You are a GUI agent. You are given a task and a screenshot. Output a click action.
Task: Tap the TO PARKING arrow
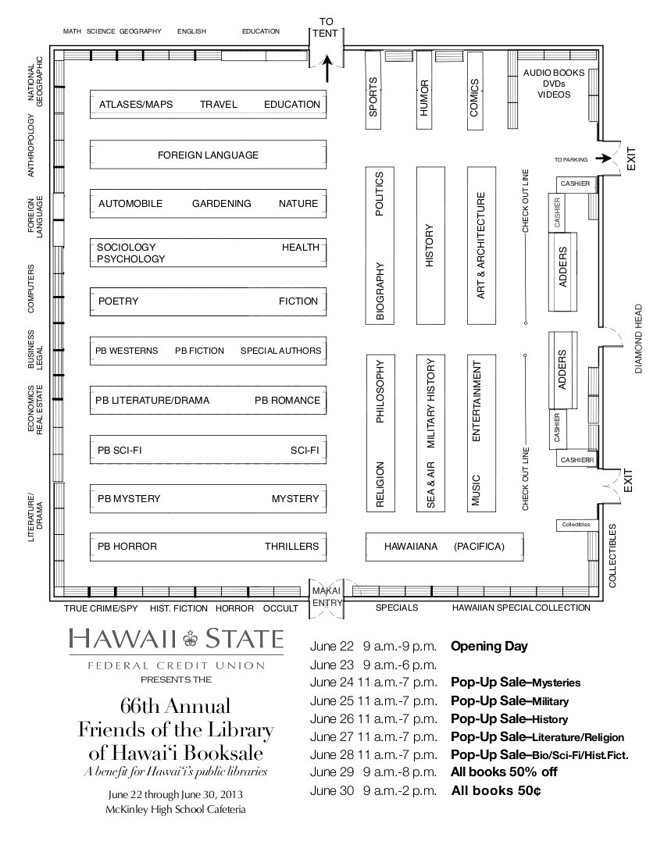(603, 159)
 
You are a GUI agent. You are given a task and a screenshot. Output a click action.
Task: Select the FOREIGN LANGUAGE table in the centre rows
(209, 155)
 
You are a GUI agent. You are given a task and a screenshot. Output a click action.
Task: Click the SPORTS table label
(373, 96)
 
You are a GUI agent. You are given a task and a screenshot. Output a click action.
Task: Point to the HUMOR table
(424, 91)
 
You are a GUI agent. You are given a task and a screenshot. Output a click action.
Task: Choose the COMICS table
(474, 91)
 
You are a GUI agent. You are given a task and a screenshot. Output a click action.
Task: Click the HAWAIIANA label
(411, 546)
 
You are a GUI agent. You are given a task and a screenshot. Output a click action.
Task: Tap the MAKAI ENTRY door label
(327, 597)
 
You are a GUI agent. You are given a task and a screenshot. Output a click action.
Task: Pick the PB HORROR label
(127, 546)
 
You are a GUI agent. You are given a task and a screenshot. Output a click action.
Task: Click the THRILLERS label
(291, 546)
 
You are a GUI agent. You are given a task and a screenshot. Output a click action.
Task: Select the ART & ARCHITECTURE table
(481, 245)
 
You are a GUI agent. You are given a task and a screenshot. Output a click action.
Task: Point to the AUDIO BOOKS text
(554, 73)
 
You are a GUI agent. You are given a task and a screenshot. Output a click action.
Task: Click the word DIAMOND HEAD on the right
(638, 339)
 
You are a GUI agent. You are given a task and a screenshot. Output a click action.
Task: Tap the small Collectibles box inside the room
(576, 525)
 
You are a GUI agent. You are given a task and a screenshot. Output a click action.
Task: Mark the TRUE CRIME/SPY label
(101, 608)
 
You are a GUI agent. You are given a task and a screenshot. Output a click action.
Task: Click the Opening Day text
(489, 647)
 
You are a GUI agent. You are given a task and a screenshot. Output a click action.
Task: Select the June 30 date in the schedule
(332, 791)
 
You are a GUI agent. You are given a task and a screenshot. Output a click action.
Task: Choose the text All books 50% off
(504, 772)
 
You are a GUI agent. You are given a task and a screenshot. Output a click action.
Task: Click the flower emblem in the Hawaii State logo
(191, 638)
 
